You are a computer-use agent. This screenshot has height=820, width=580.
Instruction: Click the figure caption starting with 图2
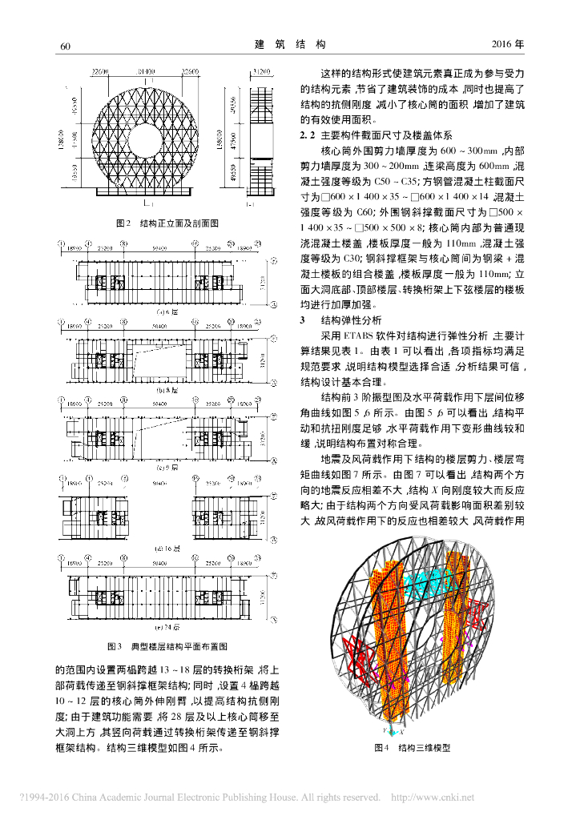coord(167,223)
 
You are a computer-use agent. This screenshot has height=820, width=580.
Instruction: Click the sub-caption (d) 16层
coord(167,549)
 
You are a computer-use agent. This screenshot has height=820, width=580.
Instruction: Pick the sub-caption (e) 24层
coord(167,627)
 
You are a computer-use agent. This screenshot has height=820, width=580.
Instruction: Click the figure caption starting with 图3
coord(167,645)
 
